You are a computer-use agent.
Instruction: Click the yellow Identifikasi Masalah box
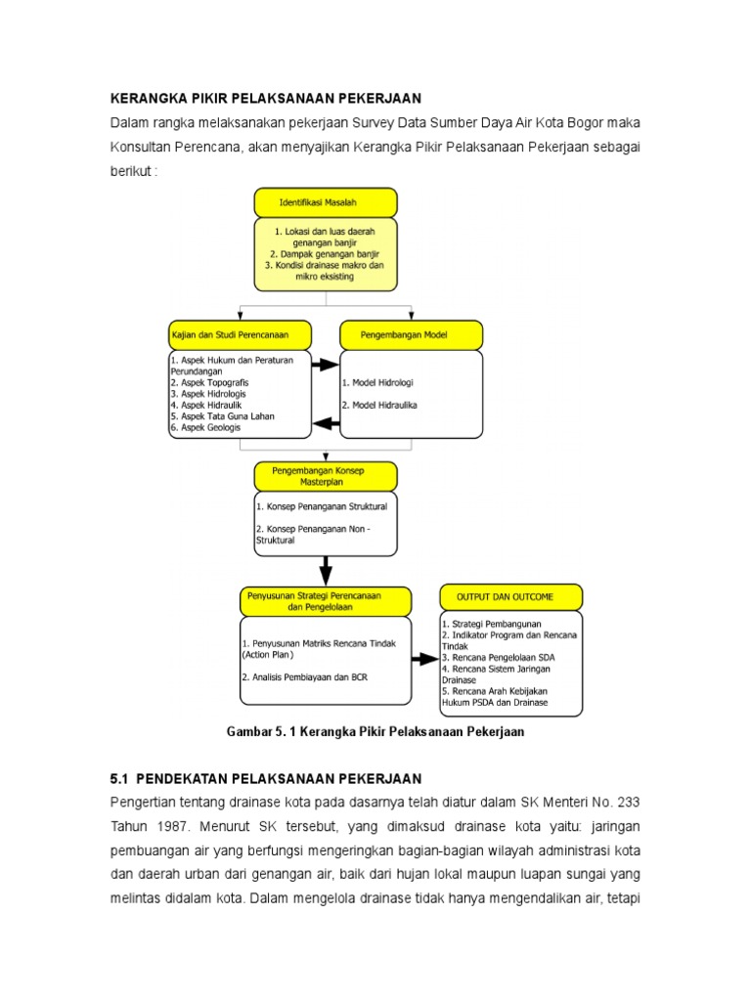[x=326, y=202]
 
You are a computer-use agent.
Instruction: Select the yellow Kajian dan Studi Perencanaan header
[x=241, y=335]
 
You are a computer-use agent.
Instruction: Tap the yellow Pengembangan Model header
[x=411, y=335]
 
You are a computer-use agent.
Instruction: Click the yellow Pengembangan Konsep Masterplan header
[x=326, y=476]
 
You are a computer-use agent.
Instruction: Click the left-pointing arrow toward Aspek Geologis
[x=326, y=424]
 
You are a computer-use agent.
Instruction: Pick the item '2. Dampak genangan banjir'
[x=326, y=252]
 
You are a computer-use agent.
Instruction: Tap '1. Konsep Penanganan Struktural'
[x=322, y=507]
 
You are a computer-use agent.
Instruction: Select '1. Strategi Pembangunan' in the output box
[x=491, y=624]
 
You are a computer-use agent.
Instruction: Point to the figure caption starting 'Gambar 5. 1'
[x=376, y=732]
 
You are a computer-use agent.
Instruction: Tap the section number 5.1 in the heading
[x=119, y=779]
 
